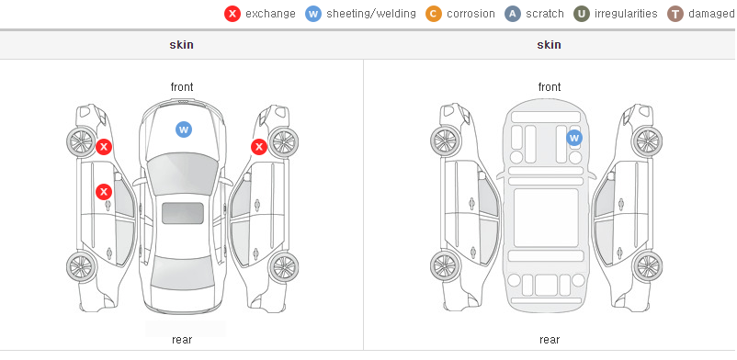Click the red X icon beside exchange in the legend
(x=232, y=14)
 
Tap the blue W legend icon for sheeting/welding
(x=313, y=14)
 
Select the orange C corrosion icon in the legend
(x=434, y=14)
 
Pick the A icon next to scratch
(x=513, y=14)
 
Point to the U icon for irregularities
(x=582, y=14)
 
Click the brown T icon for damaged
(x=675, y=14)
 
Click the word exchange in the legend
(x=270, y=14)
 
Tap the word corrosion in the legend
(x=471, y=14)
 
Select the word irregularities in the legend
(x=626, y=14)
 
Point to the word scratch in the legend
(x=545, y=14)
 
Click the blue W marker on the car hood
(x=184, y=129)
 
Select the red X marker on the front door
(x=104, y=192)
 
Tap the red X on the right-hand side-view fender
(x=259, y=147)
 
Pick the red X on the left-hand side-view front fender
(x=104, y=147)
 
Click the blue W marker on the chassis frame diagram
(x=574, y=138)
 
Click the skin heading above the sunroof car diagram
(x=181, y=45)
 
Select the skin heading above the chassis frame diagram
(x=549, y=45)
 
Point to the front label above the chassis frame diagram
(x=550, y=87)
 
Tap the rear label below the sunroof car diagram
(x=182, y=340)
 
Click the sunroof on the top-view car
(x=183, y=213)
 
